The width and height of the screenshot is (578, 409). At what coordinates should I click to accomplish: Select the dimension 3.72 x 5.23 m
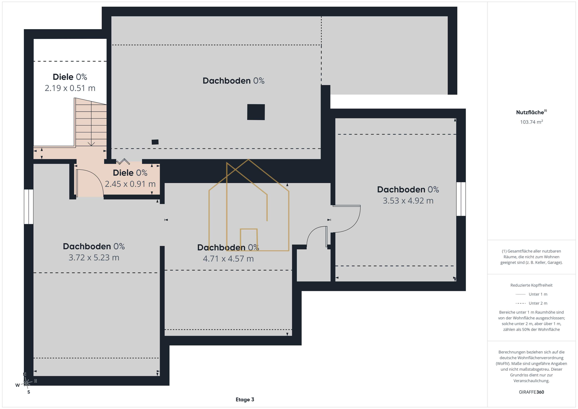coord(94,257)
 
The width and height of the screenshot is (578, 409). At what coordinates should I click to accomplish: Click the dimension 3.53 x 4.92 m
coord(408,201)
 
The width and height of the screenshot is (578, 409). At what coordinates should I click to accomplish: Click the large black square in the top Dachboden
coord(256,112)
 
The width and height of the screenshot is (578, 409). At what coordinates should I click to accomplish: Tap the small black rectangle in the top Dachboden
coord(155,142)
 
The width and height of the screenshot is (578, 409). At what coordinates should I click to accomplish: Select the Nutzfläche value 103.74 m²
coord(531,122)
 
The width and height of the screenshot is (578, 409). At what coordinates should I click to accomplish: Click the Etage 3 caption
coord(245,399)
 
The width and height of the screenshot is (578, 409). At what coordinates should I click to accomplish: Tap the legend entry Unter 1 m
coord(531,294)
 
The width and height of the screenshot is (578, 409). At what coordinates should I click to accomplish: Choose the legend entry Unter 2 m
coord(531,303)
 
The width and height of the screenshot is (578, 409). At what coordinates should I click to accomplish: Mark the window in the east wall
coord(461,199)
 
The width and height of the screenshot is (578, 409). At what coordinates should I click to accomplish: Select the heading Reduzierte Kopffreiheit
coord(531,285)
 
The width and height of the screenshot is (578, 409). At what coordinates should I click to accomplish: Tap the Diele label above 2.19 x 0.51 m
coord(70,77)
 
